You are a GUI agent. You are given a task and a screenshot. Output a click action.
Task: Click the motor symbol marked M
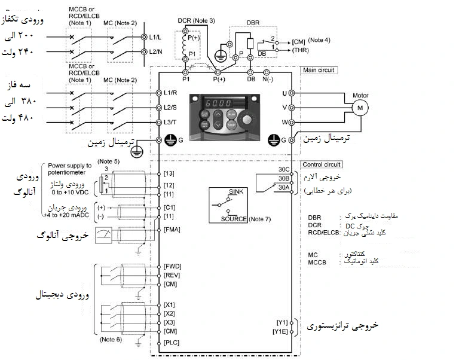coord(360,108)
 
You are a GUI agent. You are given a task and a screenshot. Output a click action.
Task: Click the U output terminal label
coord(284,93)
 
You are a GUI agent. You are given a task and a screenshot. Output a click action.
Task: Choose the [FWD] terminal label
coord(173,266)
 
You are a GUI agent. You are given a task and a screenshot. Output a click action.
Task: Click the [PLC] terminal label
coord(172,343)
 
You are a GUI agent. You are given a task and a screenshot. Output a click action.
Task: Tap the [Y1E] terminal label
coord(280,331)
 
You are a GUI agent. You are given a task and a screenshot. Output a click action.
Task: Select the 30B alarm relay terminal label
coord(284,178)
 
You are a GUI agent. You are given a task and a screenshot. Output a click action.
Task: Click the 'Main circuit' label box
coord(319,70)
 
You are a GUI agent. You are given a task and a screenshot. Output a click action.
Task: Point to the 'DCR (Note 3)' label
coord(196,20)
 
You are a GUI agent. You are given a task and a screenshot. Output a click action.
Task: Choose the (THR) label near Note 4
coord(301,50)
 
